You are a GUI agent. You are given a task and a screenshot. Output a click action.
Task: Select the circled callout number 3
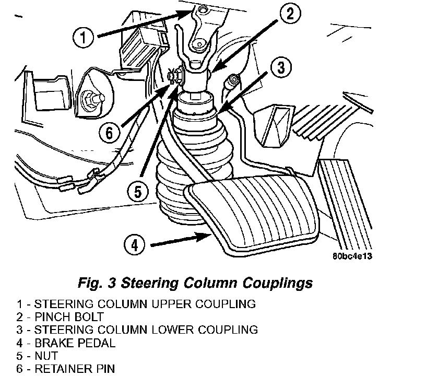tap(280, 67)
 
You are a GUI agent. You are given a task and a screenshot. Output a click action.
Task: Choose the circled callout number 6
tap(109, 133)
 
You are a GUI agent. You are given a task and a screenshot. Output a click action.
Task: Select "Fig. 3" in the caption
tap(96, 283)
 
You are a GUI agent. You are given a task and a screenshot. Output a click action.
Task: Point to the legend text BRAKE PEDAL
tap(75, 343)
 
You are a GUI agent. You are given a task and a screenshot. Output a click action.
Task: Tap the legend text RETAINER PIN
tap(74, 369)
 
